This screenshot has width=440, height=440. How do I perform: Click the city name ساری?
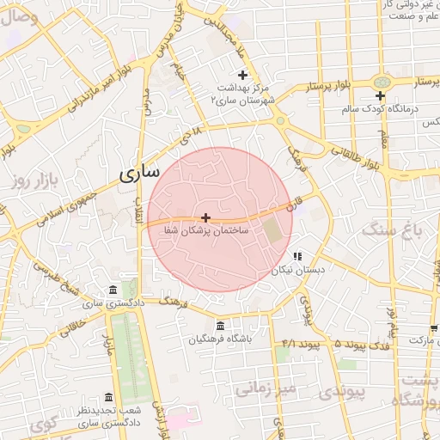coord(138,173)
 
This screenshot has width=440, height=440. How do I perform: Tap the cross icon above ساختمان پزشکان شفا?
coord(205,218)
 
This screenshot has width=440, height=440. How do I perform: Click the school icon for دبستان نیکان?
coord(297,256)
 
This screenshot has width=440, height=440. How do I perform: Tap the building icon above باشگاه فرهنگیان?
coord(221,326)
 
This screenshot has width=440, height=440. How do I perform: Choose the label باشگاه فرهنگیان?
coord(221,339)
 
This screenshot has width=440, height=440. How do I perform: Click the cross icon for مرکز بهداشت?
coord(242,75)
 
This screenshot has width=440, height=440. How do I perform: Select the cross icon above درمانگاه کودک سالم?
coord(380,95)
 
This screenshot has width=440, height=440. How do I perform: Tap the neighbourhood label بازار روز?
coord(34,180)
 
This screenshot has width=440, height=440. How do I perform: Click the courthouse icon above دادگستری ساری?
coord(113,290)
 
